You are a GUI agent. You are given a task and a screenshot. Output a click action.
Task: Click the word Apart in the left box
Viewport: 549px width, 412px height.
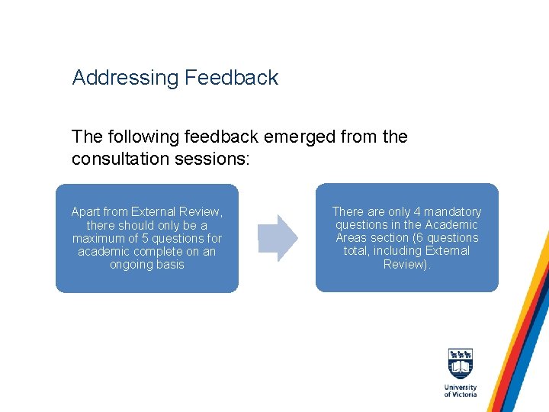pyautogui.click(x=87, y=211)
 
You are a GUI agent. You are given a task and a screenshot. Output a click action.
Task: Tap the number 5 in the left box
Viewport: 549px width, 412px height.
pyautogui.click(x=140, y=238)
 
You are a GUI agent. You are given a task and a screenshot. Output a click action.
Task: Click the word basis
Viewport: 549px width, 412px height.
pyautogui.click(x=170, y=264)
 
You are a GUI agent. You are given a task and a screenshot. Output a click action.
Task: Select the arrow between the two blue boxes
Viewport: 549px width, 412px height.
pyautogui.click(x=277, y=238)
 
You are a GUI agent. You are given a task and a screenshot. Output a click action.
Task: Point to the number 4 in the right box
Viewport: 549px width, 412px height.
pyautogui.click(x=416, y=211)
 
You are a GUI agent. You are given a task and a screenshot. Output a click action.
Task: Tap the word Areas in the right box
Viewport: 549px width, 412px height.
pyautogui.click(x=352, y=237)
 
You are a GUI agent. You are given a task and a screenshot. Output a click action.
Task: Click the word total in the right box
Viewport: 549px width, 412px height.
pyautogui.click(x=356, y=250)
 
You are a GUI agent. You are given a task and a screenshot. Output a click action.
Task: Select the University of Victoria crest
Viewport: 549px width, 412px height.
pyautogui.click(x=461, y=365)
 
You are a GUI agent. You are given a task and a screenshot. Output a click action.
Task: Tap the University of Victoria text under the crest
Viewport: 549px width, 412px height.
pyautogui.click(x=461, y=391)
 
